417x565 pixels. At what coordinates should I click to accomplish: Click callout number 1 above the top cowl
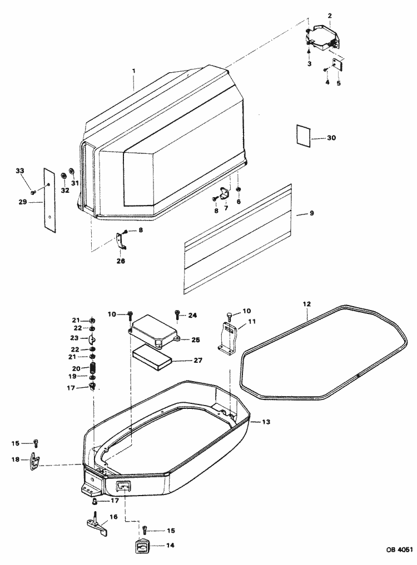pos(133,72)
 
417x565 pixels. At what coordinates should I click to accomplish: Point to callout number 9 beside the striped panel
pos(312,213)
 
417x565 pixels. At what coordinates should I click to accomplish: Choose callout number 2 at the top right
pos(330,16)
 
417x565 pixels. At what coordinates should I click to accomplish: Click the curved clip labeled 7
pos(225,194)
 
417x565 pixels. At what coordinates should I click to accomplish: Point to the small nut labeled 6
pos(238,190)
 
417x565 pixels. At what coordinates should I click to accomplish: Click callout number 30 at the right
pos(331,137)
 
